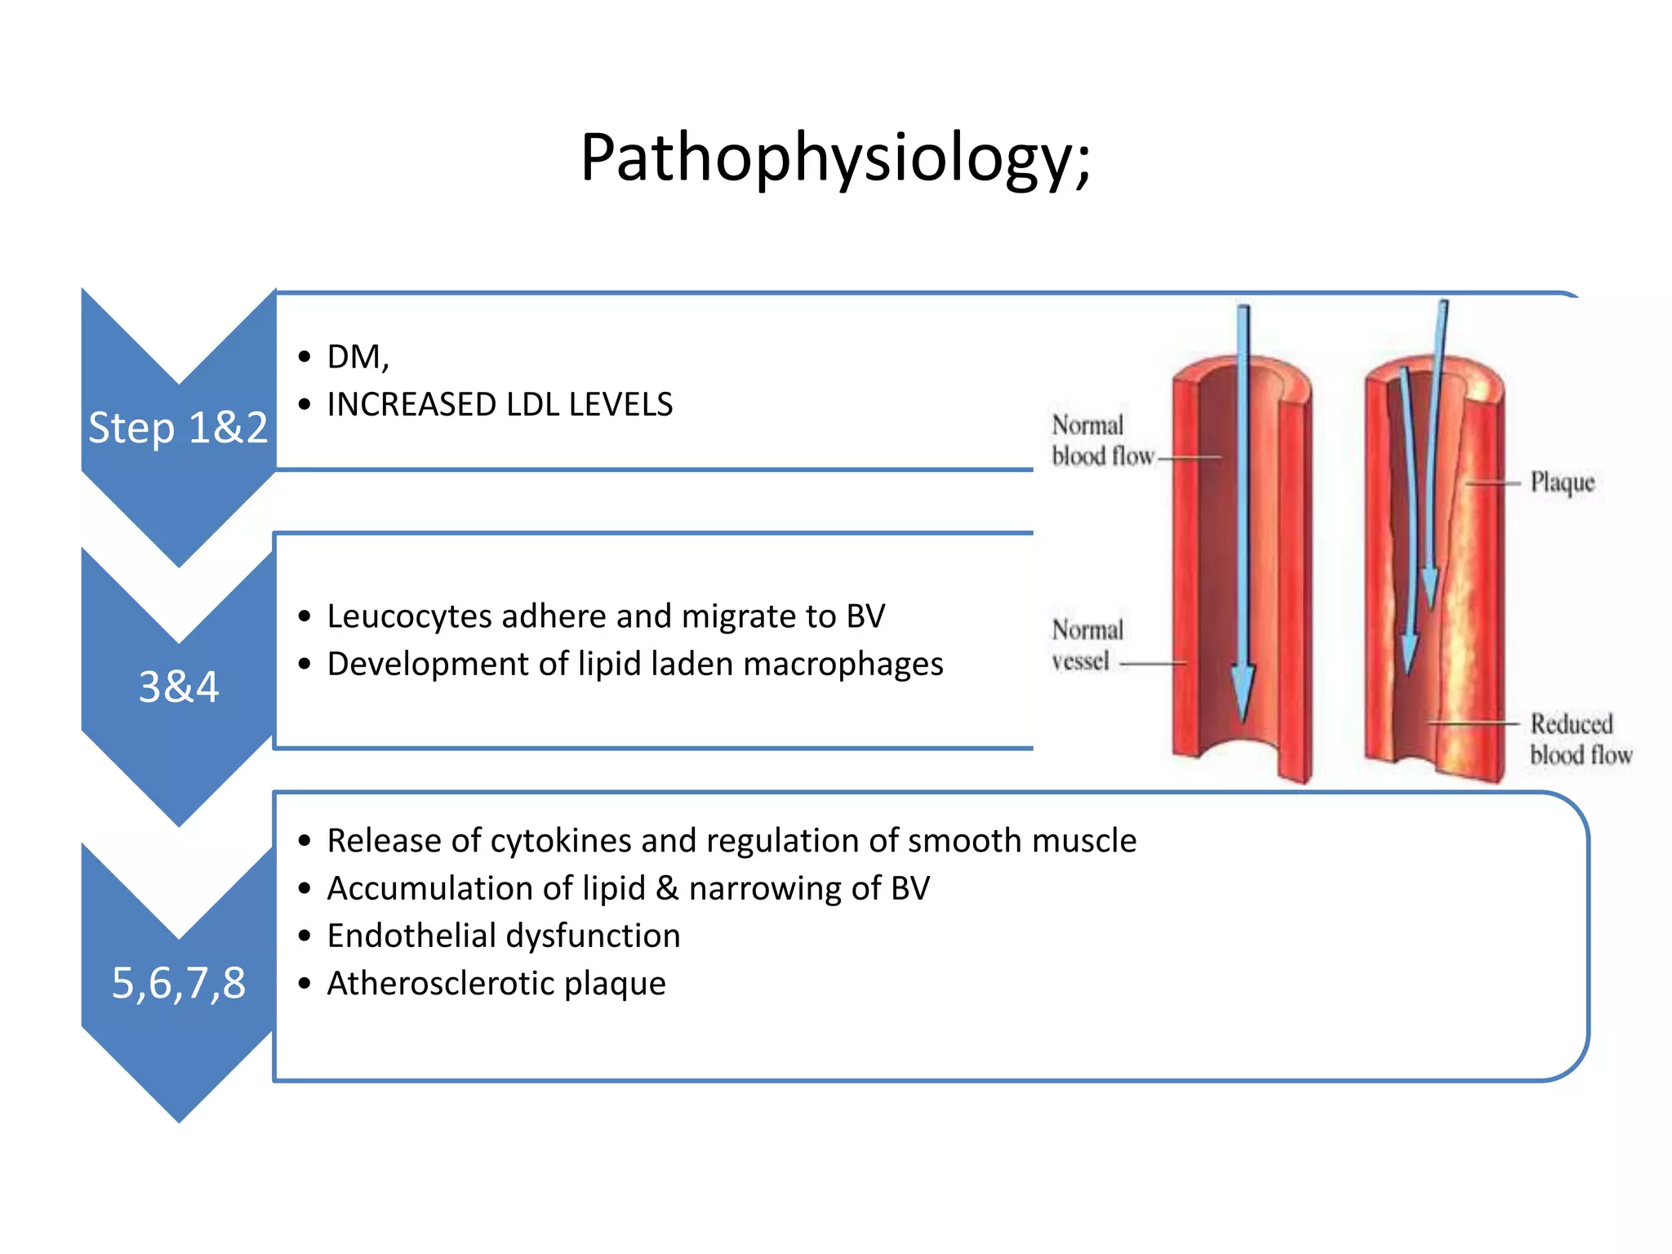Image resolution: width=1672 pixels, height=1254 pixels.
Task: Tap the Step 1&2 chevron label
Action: point(178,428)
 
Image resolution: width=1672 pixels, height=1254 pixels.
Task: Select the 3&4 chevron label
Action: point(179,687)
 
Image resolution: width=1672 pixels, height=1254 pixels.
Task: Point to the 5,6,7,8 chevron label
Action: point(179,982)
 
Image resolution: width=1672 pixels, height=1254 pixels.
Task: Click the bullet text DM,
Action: point(358,357)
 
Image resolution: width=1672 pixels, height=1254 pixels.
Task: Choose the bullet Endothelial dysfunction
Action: point(503,936)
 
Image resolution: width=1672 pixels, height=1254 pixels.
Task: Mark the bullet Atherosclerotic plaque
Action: point(496,983)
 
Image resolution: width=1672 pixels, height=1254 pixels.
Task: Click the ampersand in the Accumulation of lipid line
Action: point(667,888)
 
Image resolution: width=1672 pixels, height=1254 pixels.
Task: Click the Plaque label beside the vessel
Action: point(1561,482)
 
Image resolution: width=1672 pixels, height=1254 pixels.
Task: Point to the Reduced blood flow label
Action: point(1580,739)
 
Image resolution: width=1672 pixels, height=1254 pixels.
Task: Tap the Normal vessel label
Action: point(1086,645)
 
